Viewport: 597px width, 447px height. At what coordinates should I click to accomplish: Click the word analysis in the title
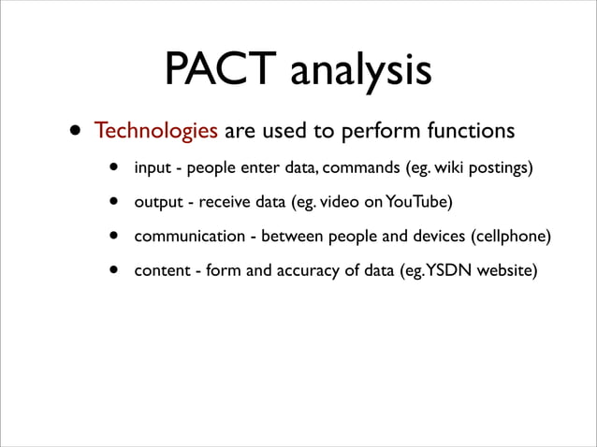(360, 73)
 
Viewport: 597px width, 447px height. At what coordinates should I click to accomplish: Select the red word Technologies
(155, 131)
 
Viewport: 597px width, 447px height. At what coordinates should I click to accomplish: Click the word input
(152, 169)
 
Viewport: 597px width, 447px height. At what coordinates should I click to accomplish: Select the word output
(157, 203)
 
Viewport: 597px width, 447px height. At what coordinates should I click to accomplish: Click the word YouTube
(418, 203)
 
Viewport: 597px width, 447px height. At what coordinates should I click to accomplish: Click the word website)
(506, 270)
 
